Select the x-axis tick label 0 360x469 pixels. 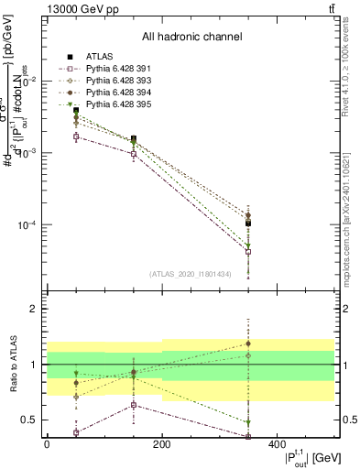pyautogui.click(x=47, y=445)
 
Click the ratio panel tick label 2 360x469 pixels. pyautogui.click(x=33, y=310)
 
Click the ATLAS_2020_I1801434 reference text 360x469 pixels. pyautogui.click(x=191, y=274)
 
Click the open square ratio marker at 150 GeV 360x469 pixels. pyautogui.click(x=134, y=405)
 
